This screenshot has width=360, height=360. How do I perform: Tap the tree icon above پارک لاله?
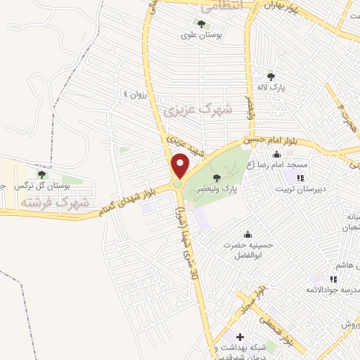click(x=271, y=77)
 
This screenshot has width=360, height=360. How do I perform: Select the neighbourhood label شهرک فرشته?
click(x=55, y=202)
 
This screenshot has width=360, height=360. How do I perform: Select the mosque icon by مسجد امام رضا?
click(x=276, y=155)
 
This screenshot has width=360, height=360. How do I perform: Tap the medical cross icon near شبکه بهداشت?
click(x=241, y=337)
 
